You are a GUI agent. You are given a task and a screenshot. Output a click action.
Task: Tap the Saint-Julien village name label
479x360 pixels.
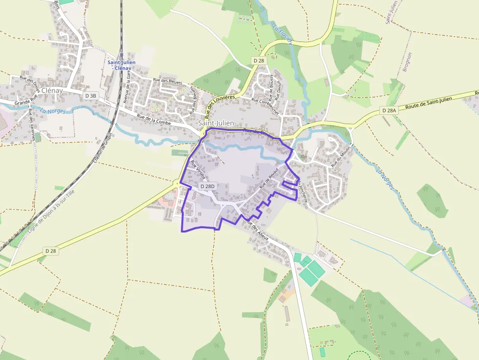(x=217, y=123)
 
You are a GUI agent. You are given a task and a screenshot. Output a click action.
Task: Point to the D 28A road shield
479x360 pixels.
(x=389, y=111)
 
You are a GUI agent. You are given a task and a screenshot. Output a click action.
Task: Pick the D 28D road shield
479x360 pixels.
(x=208, y=187)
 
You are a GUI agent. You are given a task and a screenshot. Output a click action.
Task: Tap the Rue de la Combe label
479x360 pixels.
(x=154, y=120)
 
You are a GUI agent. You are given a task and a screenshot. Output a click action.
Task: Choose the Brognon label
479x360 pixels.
(x=407, y=62)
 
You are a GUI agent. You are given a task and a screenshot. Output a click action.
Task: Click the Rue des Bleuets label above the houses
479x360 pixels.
(x=168, y=82)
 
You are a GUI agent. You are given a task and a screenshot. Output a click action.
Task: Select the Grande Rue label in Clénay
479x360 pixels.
(x=26, y=102)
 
